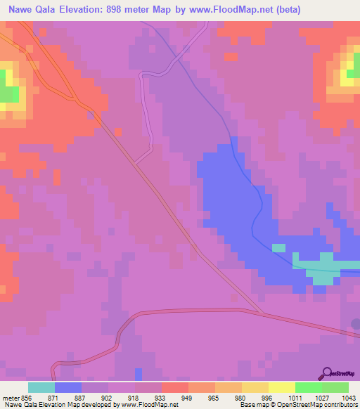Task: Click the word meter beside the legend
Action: tap(10, 397)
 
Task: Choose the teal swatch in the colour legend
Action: tap(41, 387)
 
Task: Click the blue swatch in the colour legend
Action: tap(68, 387)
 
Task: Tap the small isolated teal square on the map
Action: tap(279, 248)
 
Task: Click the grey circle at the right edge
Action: tap(356, 324)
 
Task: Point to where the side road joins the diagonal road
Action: tap(135, 164)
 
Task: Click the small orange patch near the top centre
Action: tap(231, 56)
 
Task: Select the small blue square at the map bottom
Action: tap(139, 373)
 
